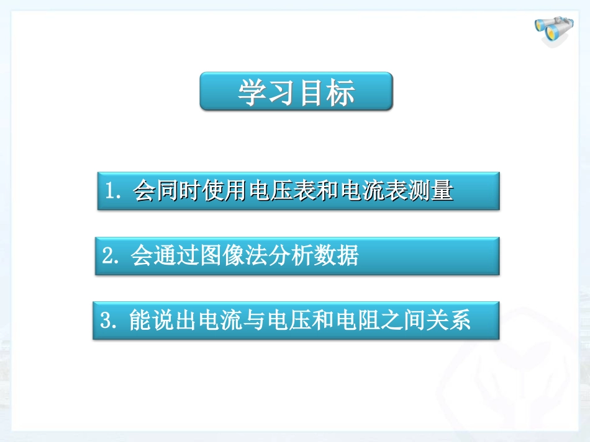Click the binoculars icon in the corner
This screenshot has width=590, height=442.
point(554,30)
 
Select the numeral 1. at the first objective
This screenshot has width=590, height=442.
point(115,192)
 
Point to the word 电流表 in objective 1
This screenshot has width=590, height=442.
point(374,192)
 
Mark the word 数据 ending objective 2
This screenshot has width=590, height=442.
point(337,255)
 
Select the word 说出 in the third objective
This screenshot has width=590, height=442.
point(174,320)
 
